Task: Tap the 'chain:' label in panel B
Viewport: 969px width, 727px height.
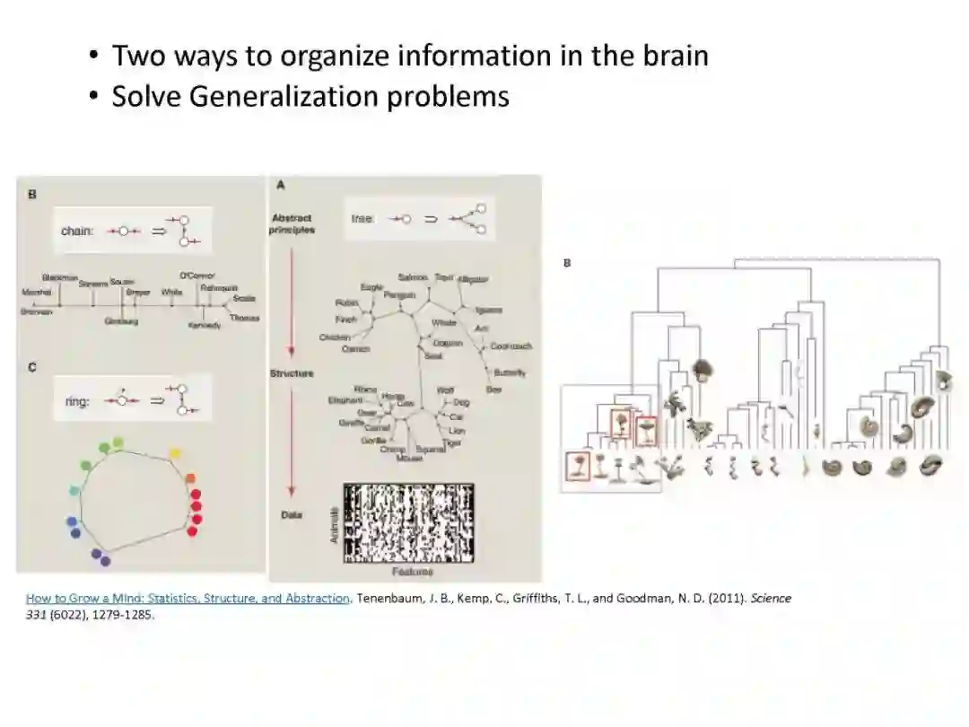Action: pos(77,231)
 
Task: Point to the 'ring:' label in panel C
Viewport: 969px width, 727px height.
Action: pos(77,401)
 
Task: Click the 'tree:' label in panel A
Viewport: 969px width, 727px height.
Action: pos(362,218)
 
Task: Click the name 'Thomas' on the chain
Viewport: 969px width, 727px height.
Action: pos(244,318)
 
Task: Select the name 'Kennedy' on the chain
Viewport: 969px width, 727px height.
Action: pos(204,325)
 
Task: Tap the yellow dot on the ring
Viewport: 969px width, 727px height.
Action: pos(175,452)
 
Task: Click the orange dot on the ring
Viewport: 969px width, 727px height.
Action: pos(190,478)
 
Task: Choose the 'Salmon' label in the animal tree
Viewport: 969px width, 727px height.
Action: pos(413,278)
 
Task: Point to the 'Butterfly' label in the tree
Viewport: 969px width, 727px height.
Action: pos(510,372)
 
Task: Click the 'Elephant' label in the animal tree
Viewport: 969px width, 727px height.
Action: pos(345,399)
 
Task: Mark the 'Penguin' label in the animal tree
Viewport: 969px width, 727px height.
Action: pos(398,294)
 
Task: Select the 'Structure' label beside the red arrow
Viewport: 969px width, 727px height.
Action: pos(292,373)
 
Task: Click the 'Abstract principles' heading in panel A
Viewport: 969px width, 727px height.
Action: pos(292,223)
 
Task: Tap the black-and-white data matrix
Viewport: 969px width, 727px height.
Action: pos(408,522)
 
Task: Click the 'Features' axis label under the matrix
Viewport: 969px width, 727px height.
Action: pos(412,571)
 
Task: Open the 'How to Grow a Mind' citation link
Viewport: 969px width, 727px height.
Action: pos(188,598)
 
